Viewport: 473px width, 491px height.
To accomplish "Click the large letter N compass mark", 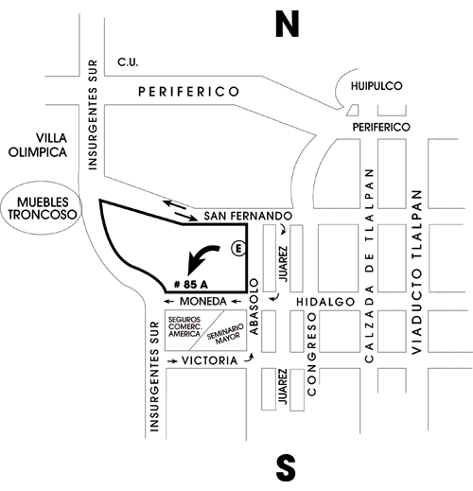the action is pos(287,24).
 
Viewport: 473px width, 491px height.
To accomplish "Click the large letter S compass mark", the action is pos(286,467).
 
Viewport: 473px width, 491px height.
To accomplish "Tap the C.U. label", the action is pos(128,62).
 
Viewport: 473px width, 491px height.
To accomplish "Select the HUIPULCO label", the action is pos(377,86).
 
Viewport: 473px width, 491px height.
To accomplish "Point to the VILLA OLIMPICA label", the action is pos(38,145).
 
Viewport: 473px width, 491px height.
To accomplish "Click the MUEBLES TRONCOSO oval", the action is pos(42,208).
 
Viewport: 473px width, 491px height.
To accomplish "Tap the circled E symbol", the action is pos(238,249).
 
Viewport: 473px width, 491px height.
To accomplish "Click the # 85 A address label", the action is pos(191,285).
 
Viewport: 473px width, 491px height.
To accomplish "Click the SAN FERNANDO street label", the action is pos(248,216).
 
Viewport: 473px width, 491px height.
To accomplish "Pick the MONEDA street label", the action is pos(203,302).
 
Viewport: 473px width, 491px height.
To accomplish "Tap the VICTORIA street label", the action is pos(210,360).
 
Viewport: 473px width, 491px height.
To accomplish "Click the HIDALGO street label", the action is pos(325,302).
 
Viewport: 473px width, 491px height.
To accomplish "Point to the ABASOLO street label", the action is pos(254,307).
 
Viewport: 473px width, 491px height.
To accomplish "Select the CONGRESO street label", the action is pos(311,354).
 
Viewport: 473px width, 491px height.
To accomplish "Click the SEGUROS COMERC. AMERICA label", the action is pos(184,326).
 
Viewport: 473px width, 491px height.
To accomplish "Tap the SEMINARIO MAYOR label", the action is pos(226,334).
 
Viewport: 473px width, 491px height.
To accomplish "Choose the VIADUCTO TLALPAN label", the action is pos(416,272).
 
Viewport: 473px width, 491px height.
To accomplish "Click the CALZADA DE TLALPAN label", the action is pos(369,266).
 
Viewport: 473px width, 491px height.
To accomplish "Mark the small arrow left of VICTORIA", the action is pos(172,361).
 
